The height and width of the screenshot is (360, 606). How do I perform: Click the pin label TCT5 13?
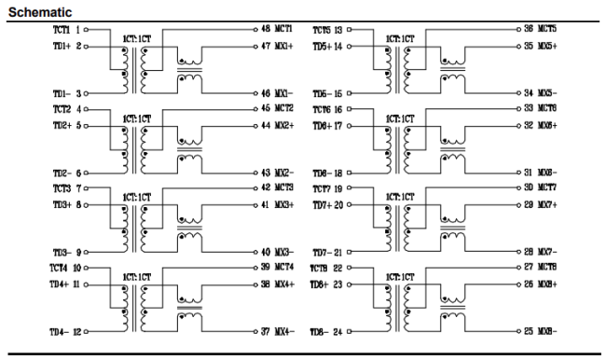click(x=327, y=31)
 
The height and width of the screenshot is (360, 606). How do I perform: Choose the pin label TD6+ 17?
click(x=327, y=124)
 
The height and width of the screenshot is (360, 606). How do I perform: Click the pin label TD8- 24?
click(x=327, y=331)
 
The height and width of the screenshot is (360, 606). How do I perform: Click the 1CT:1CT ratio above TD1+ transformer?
click(x=131, y=40)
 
